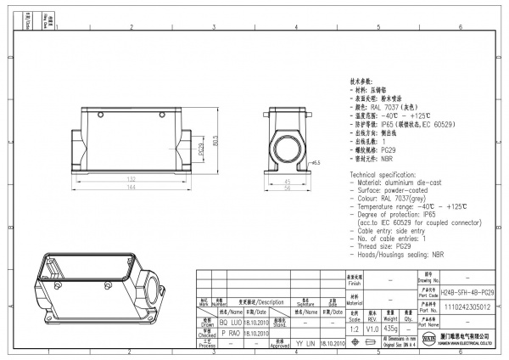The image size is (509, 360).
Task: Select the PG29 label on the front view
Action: point(201,150)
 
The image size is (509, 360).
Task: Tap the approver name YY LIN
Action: point(305,345)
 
